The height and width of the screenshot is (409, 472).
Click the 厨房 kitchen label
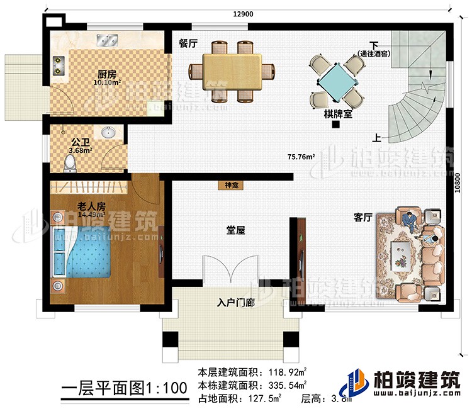click(x=105, y=73)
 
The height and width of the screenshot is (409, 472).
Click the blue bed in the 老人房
click(x=85, y=252)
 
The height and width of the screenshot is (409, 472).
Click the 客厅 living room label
click(x=363, y=218)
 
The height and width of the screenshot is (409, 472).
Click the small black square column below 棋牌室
click(x=337, y=125)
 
